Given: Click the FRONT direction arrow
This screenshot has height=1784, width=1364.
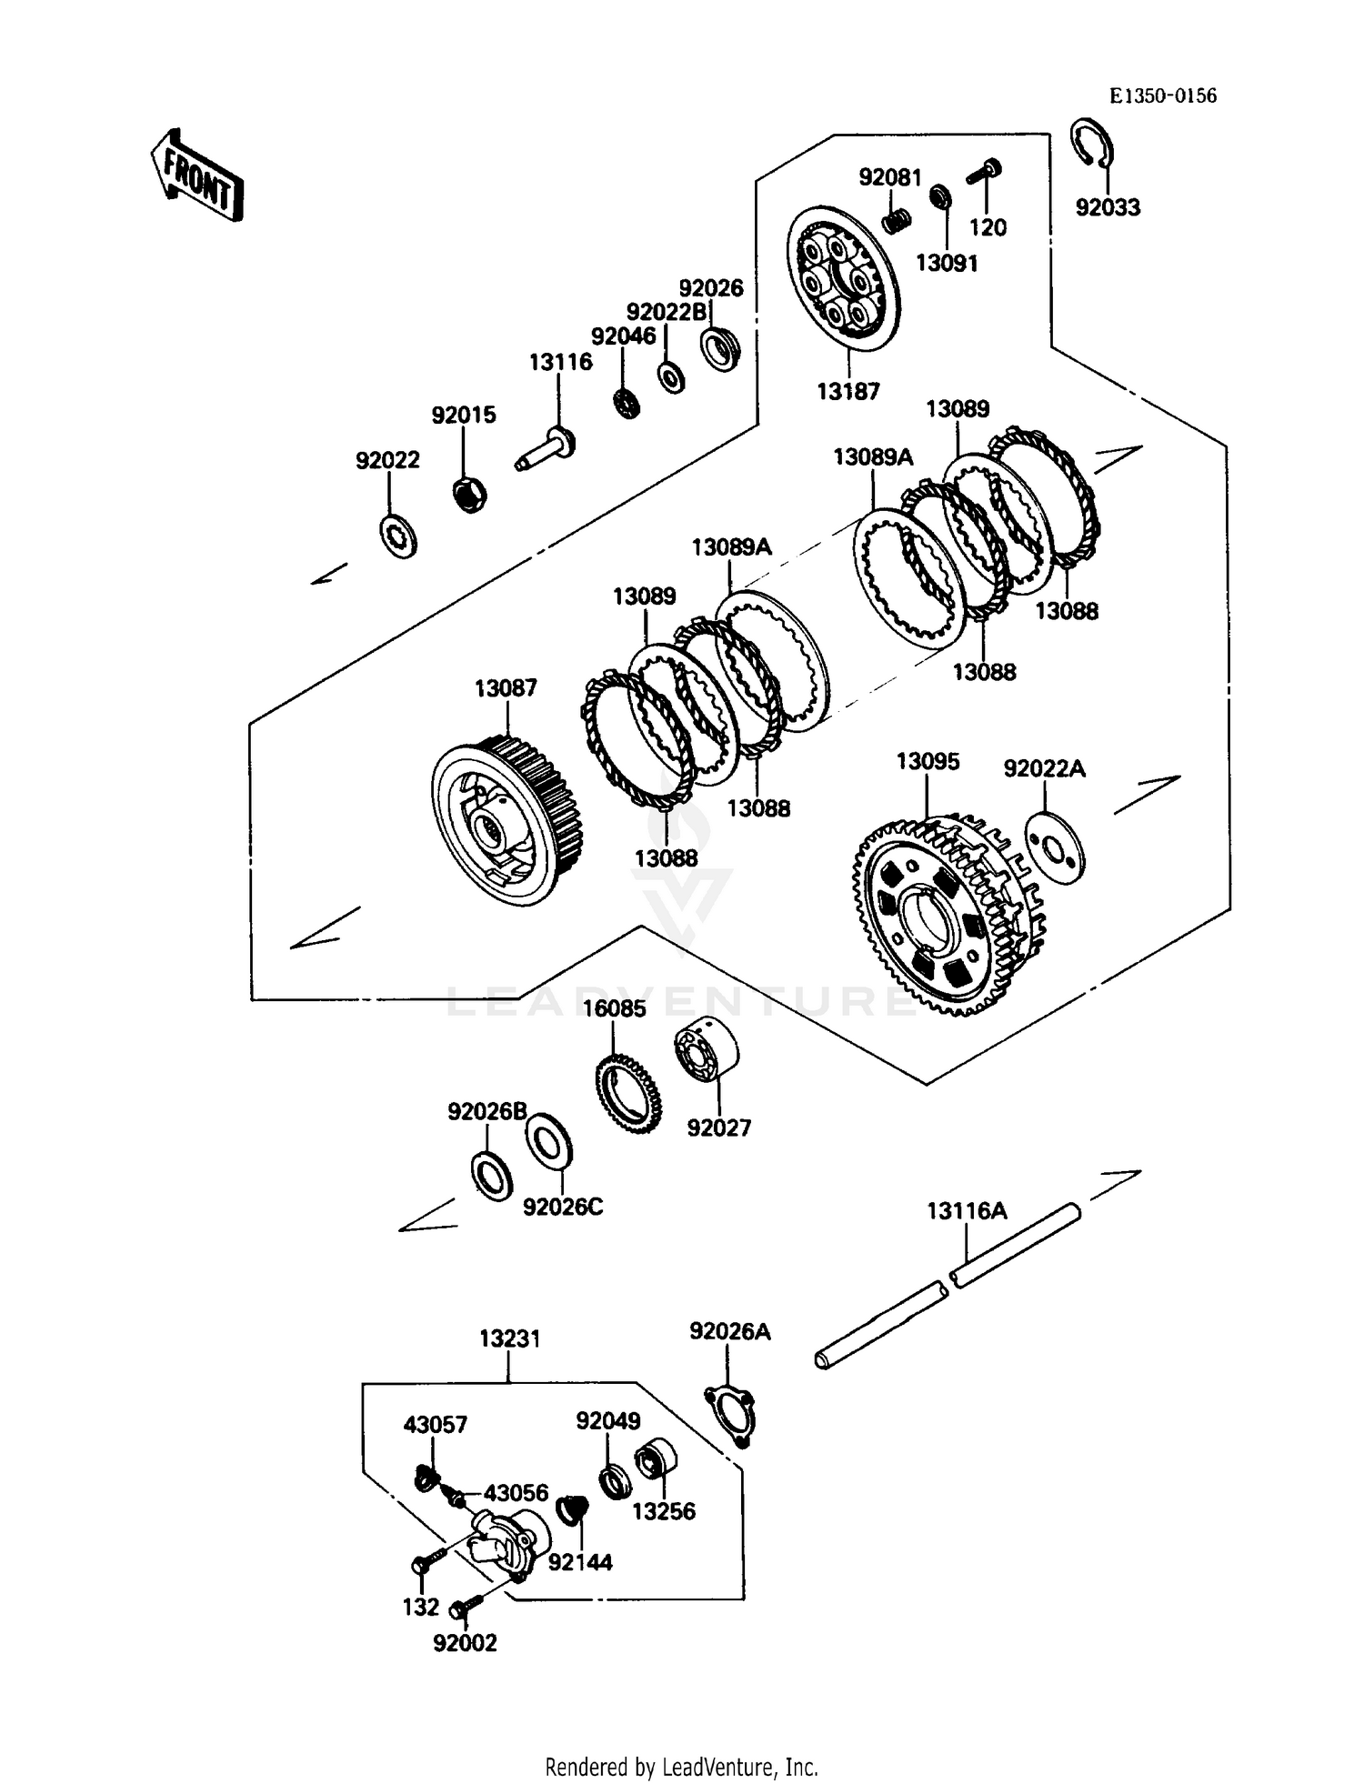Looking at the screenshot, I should [197, 175].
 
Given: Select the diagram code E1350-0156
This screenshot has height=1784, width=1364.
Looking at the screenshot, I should [1162, 96].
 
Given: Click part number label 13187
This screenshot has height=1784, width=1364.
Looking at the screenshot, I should [847, 391].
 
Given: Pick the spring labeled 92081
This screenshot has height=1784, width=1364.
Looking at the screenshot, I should [897, 220].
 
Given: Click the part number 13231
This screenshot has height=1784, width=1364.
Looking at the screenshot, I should [509, 1338].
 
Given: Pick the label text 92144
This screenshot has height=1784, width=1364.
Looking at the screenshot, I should [580, 1562].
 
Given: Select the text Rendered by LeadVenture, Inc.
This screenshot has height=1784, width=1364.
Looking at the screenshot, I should [681, 1767].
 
